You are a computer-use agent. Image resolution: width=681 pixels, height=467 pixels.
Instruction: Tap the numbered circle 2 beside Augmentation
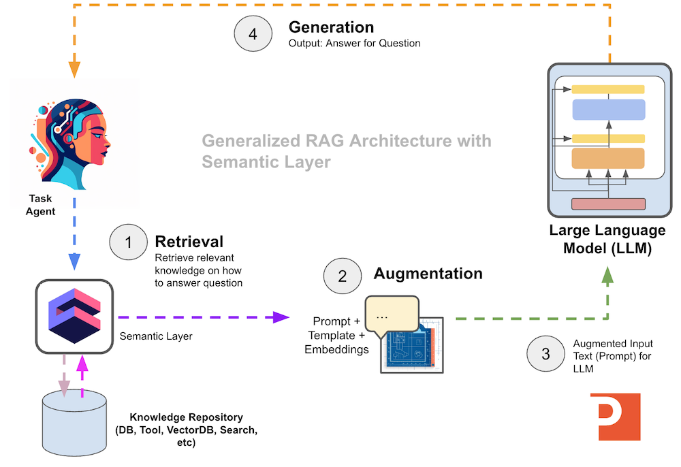pos(343,276)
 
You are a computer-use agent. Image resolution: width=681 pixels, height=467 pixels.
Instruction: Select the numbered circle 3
pos(545,353)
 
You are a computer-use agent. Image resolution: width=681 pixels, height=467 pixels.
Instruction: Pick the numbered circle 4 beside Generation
pos(253,35)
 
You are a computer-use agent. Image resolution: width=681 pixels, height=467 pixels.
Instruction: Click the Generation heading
pos(331,27)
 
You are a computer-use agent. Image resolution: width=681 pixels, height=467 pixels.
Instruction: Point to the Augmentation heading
pos(428,274)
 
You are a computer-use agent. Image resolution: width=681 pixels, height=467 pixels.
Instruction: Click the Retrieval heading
pos(189,242)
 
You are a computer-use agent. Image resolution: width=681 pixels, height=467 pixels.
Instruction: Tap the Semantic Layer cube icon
pos(74,315)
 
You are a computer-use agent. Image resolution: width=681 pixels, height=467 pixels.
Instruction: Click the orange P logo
pos(616,417)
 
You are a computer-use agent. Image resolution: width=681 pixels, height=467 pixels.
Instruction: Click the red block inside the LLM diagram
pos(607,204)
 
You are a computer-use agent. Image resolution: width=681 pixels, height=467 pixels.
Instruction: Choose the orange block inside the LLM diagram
pos(607,158)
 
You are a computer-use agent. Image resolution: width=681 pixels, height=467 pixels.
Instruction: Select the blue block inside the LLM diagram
pos(607,110)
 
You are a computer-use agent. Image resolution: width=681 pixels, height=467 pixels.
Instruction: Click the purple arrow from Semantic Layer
pos(204,317)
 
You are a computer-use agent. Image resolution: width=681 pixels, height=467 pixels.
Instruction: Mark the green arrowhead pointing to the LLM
pos(607,276)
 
